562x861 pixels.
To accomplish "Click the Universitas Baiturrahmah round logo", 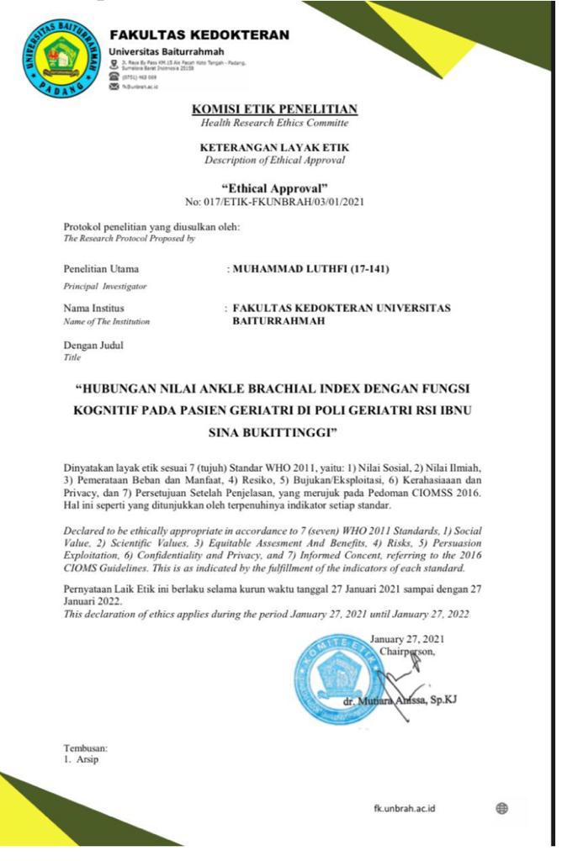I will (x=61, y=57).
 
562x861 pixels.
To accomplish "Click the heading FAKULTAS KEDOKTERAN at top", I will (x=199, y=35).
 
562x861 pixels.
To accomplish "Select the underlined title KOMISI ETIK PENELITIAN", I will (x=274, y=109).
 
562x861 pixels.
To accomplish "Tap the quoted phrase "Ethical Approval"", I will (x=274, y=188).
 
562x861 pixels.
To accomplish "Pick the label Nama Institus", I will (x=94, y=309).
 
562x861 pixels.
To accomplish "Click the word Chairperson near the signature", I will (x=407, y=651).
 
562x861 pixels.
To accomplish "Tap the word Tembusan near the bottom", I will (x=86, y=748).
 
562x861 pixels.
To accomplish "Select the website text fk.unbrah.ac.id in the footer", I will (x=405, y=809).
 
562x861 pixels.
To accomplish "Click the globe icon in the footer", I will (x=502, y=809).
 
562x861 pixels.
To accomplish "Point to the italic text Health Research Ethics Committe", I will (x=274, y=124).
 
